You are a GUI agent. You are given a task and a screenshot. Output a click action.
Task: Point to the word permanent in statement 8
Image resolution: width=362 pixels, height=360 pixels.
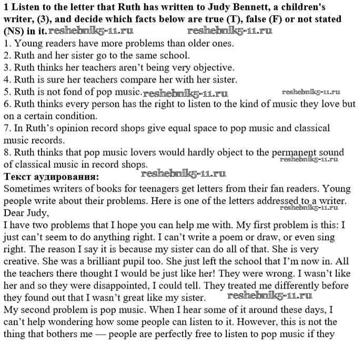[x=295, y=152]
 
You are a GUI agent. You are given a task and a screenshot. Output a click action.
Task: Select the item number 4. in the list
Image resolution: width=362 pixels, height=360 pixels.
[x=7, y=80]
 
